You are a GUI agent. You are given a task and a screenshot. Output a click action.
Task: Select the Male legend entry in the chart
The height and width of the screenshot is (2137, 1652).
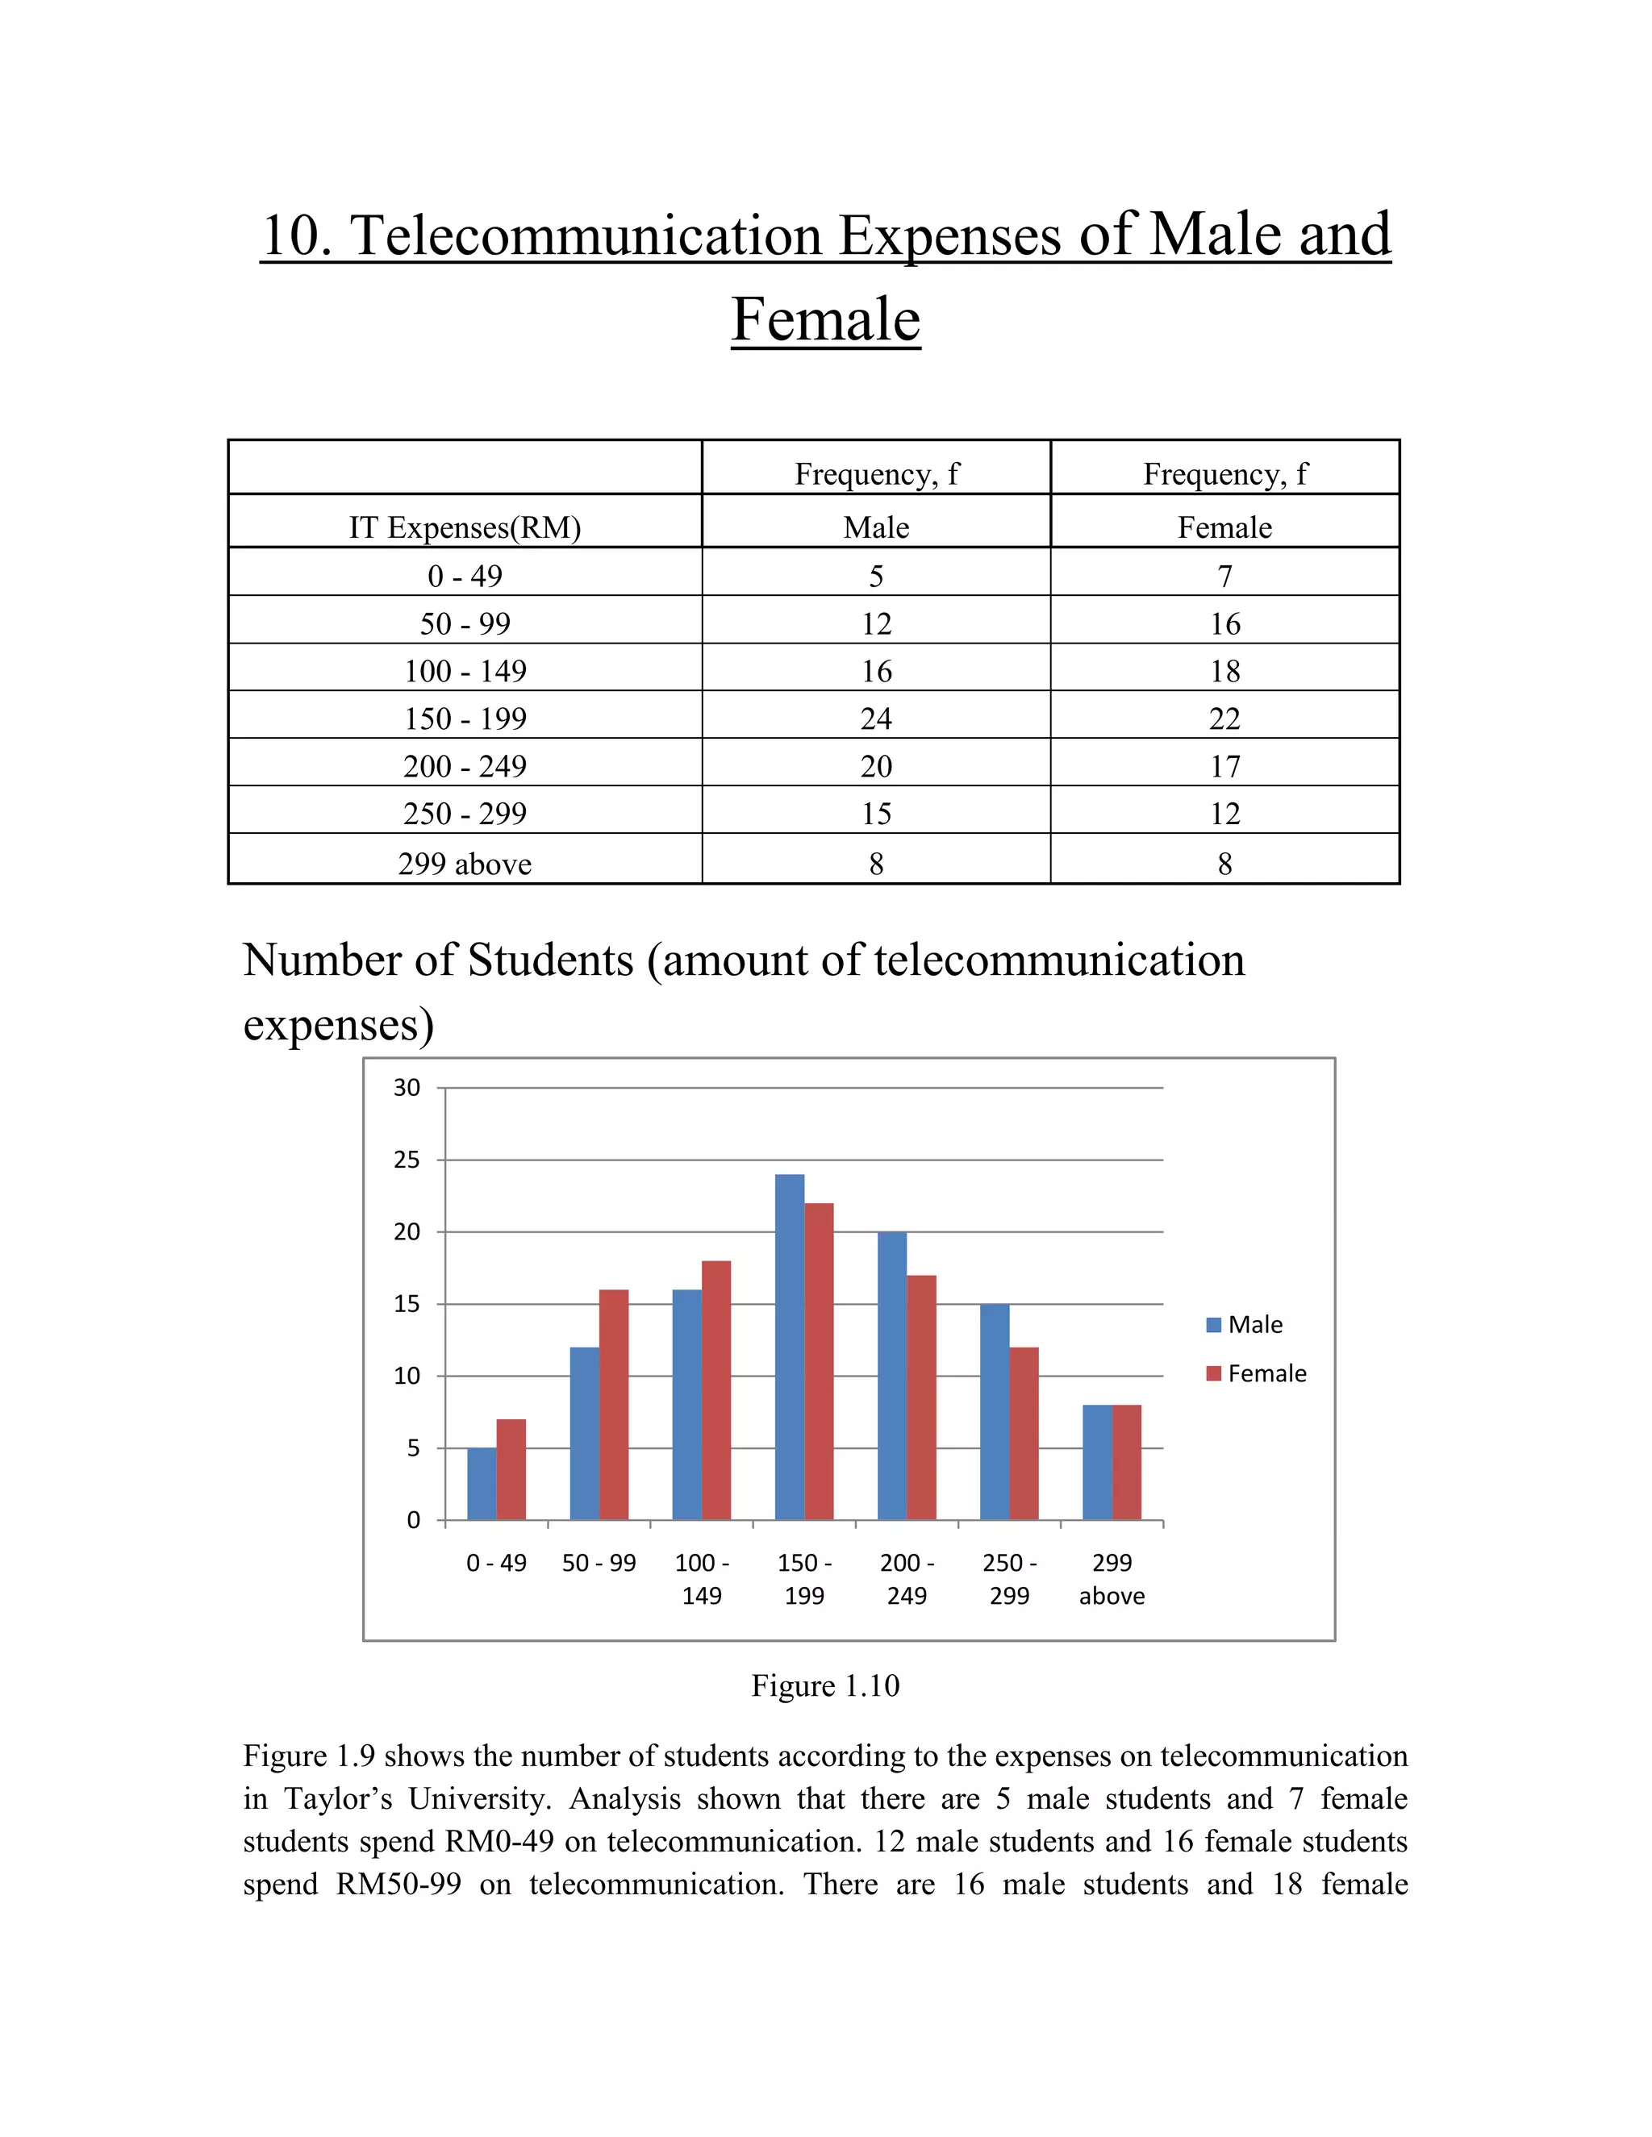click(x=1244, y=1325)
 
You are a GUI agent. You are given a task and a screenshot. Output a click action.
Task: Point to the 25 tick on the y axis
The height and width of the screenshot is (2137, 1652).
click(x=407, y=1160)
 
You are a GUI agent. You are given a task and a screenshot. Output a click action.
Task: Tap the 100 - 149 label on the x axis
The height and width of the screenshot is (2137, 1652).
click(x=702, y=1579)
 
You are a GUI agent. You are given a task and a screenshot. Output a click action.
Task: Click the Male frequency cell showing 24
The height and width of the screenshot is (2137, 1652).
click(x=876, y=719)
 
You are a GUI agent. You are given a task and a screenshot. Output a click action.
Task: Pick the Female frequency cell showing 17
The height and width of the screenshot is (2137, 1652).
click(x=1224, y=766)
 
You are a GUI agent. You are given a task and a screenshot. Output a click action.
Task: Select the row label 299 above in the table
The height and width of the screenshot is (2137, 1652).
click(x=465, y=864)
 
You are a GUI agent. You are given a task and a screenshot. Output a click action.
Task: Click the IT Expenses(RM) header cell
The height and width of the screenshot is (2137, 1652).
click(x=465, y=527)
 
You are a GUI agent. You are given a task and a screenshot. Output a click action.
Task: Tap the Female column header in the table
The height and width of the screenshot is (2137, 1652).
click(x=1224, y=527)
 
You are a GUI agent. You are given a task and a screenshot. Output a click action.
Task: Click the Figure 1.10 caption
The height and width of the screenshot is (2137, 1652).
click(x=825, y=1686)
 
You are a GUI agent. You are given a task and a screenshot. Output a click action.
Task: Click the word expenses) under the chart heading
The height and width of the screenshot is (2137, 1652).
click(x=338, y=1024)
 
